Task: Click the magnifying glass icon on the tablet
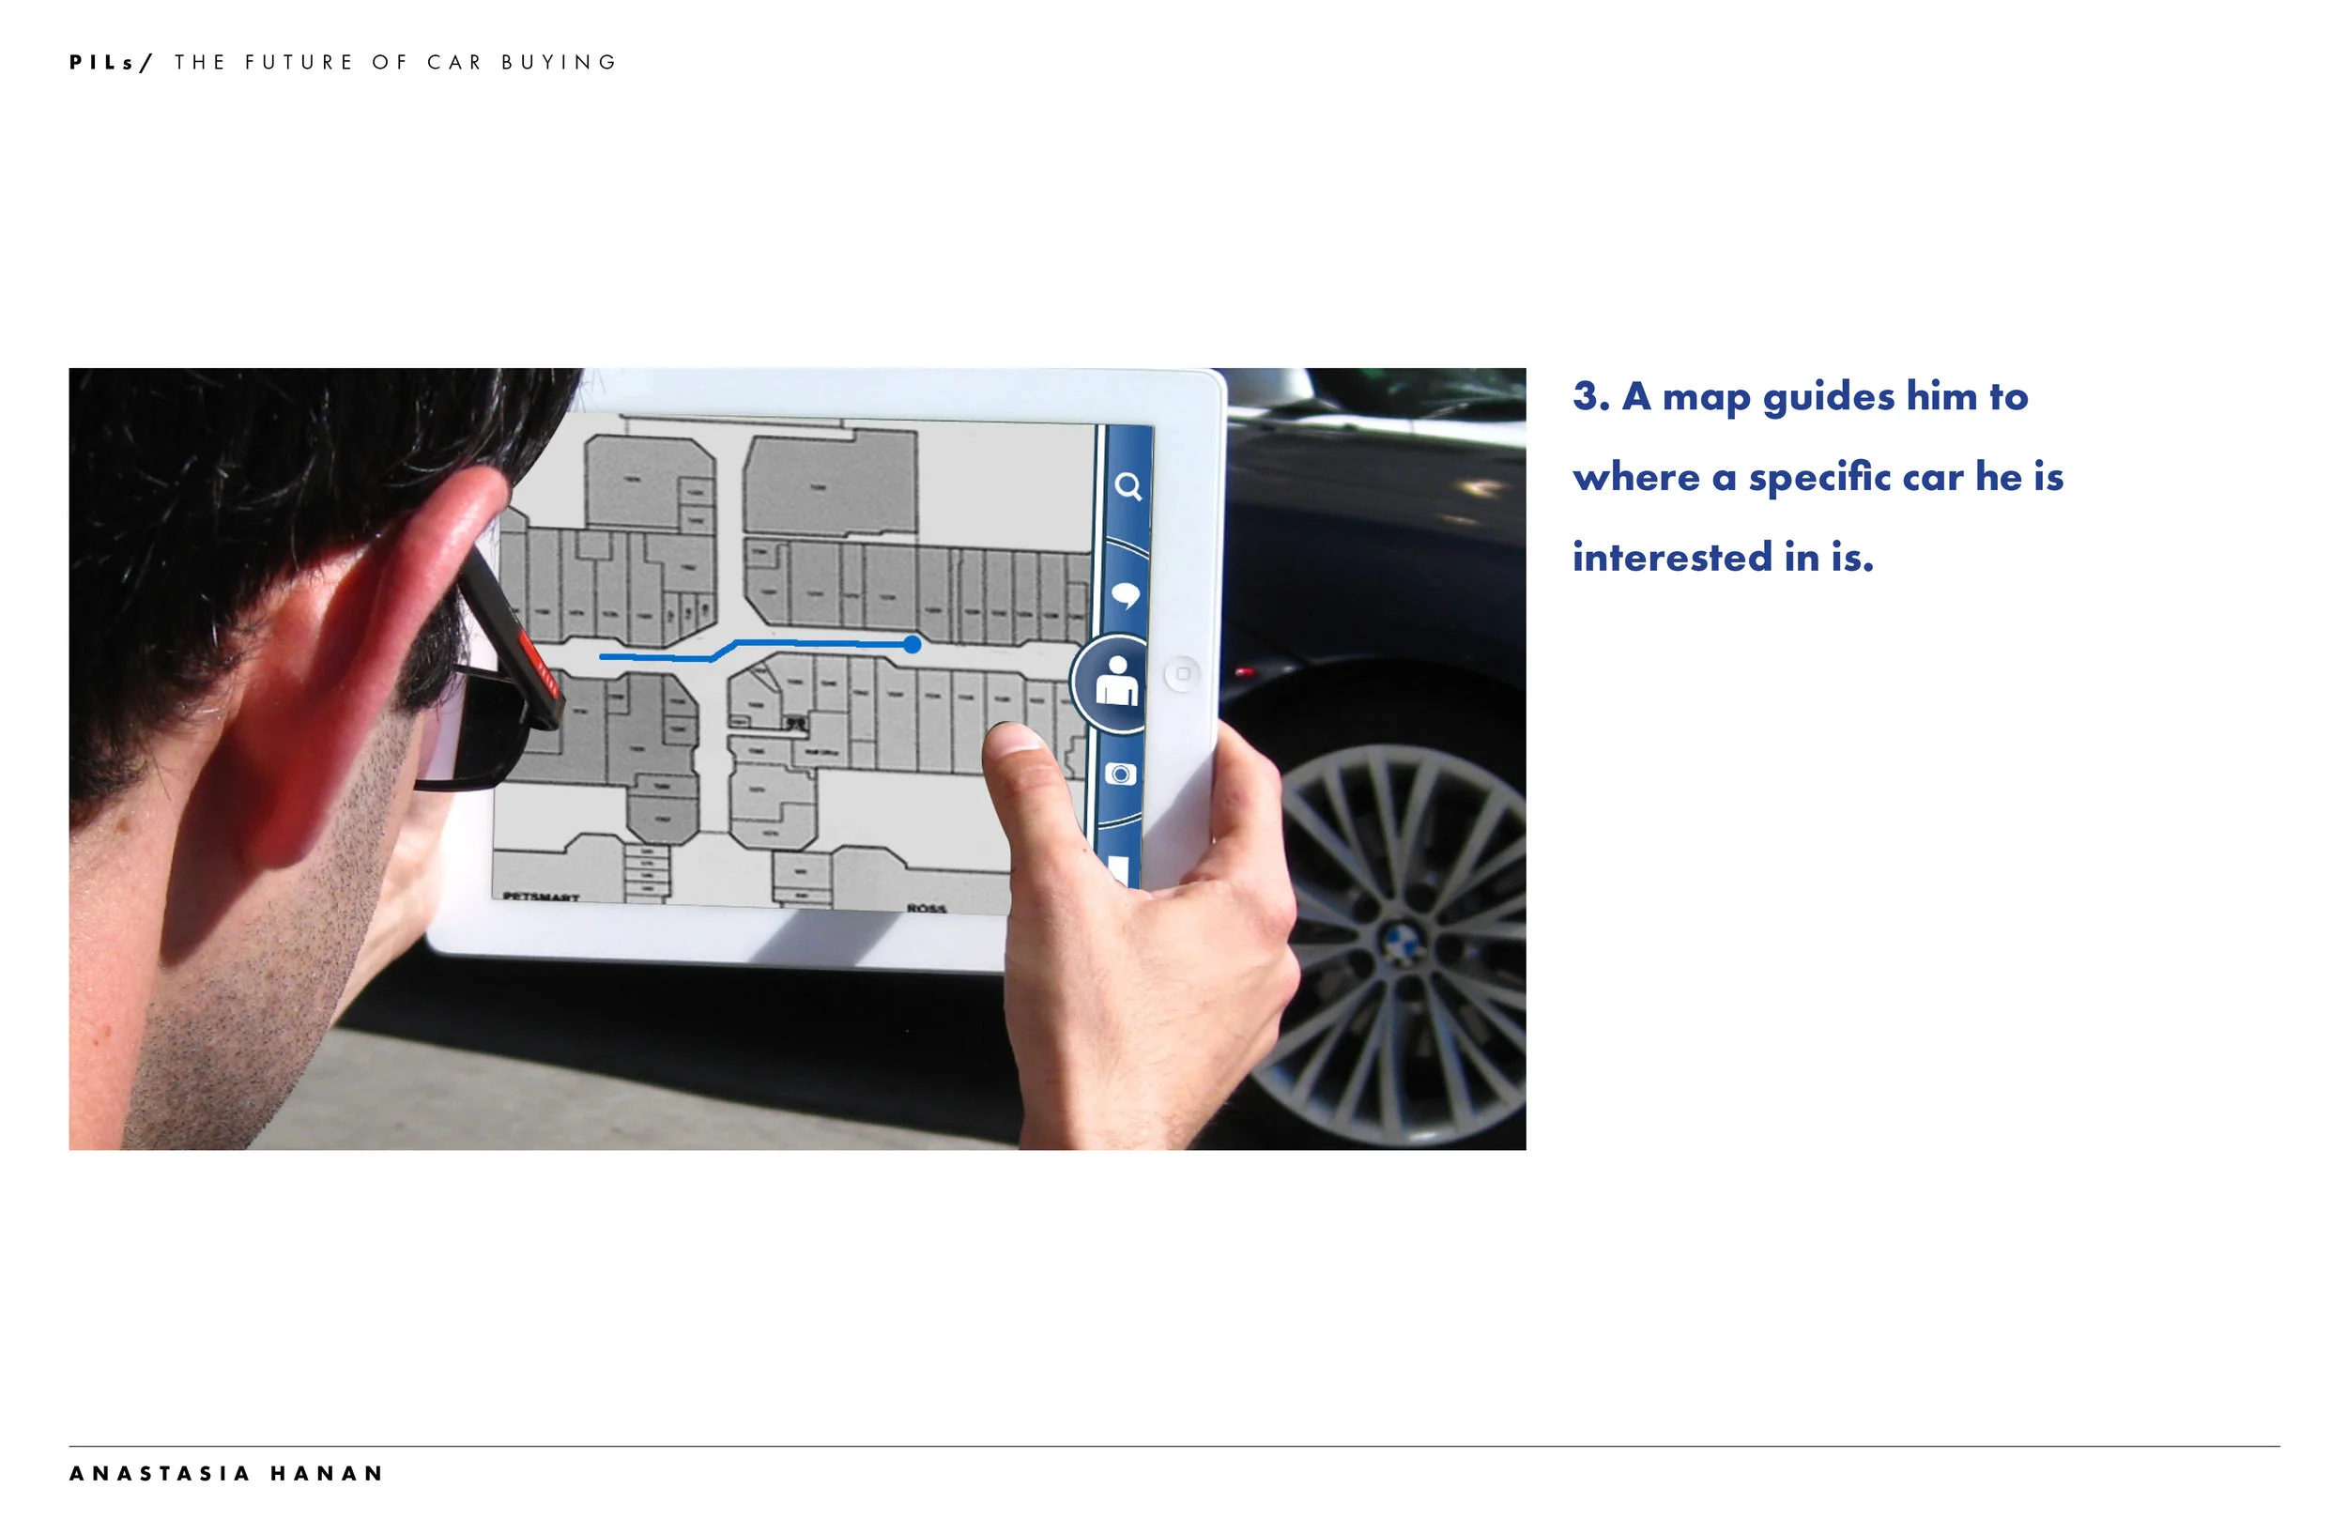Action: pyautogui.click(x=1128, y=486)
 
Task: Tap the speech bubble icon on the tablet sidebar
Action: pyautogui.click(x=1126, y=595)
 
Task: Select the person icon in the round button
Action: pyautogui.click(x=1117, y=683)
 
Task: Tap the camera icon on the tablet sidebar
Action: pyautogui.click(x=1120, y=775)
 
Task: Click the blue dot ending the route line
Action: pyautogui.click(x=913, y=644)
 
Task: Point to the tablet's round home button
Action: pyautogui.click(x=1182, y=674)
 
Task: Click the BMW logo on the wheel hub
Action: pyautogui.click(x=1401, y=942)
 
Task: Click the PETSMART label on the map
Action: pyautogui.click(x=541, y=897)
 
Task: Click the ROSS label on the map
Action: pyautogui.click(x=926, y=908)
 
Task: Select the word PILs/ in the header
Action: pyautogui.click(x=111, y=62)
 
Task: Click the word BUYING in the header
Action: pyautogui.click(x=560, y=62)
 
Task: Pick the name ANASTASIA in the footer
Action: pyautogui.click(x=160, y=1474)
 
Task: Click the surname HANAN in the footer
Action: pyautogui.click(x=327, y=1474)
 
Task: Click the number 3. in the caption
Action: pyautogui.click(x=1590, y=396)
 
